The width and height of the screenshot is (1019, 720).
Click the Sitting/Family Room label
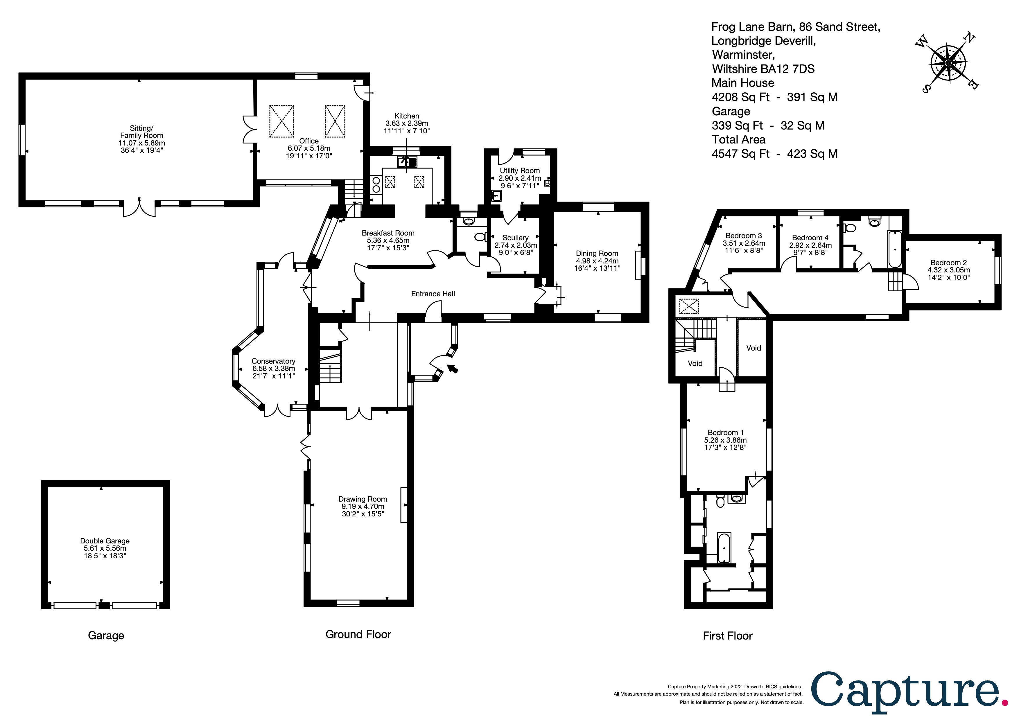pos(141,132)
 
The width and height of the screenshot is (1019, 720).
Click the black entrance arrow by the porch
pos(452,369)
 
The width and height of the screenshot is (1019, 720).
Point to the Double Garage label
pos(105,541)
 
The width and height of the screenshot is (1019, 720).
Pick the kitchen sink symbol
pos(407,162)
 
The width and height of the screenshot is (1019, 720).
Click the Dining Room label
pos(597,253)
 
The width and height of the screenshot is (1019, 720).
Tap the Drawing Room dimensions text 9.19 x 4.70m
pos(363,506)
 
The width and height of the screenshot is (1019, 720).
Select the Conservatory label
pos(273,361)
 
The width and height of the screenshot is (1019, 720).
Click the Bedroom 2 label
pos(948,263)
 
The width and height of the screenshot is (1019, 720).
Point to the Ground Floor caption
pos(358,634)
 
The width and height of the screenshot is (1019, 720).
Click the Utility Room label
pos(520,170)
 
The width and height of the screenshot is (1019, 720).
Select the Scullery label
pos(515,238)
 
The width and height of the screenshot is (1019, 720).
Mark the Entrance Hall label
pos(433,294)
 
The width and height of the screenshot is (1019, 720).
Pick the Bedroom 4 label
pos(810,238)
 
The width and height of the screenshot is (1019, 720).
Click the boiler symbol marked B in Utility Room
pos(547,183)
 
